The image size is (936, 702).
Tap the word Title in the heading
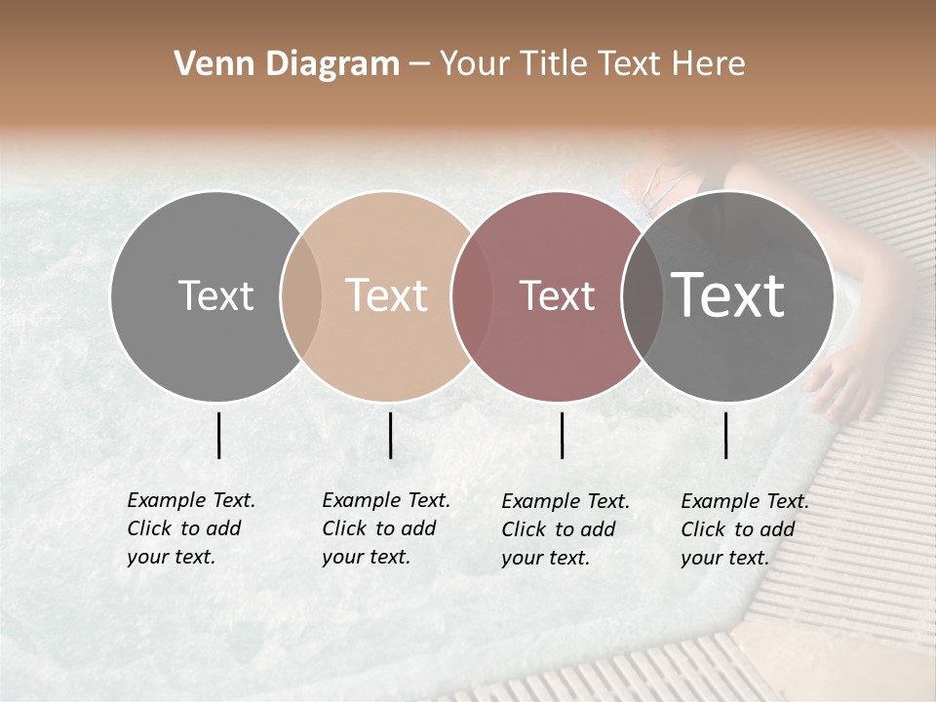(554, 64)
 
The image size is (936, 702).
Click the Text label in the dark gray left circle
(215, 296)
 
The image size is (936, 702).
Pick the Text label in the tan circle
(387, 296)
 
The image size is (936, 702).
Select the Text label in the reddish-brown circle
(557, 296)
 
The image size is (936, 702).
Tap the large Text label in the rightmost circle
(727, 296)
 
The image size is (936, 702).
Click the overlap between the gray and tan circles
(301, 296)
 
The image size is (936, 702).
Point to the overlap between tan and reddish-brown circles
(472, 296)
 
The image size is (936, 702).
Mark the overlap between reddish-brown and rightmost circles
(643, 296)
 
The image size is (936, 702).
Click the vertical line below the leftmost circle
(219, 435)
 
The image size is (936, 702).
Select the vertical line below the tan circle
(390, 435)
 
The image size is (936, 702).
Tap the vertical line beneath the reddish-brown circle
(563, 435)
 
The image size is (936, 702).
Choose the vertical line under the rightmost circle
(726, 435)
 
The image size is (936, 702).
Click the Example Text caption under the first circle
(190, 528)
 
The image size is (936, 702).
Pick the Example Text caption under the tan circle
(385, 528)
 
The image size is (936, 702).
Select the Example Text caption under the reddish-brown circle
(565, 529)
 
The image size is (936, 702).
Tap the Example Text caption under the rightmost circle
(744, 529)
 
